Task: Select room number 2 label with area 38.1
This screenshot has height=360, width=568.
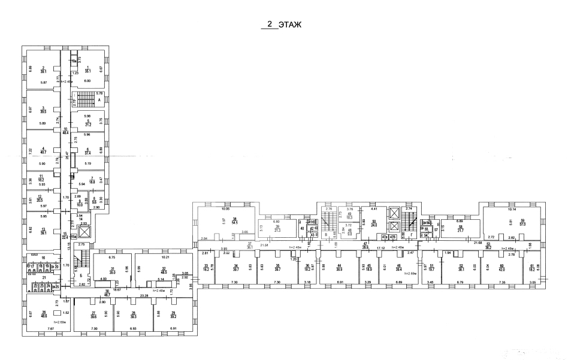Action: point(43,69)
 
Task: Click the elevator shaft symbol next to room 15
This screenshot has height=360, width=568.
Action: point(84,231)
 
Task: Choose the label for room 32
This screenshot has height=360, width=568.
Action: point(164,270)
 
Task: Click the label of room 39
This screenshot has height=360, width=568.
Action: point(277,228)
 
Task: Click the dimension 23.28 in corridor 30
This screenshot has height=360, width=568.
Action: point(143,296)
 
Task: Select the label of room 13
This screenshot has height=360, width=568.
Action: point(43,231)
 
